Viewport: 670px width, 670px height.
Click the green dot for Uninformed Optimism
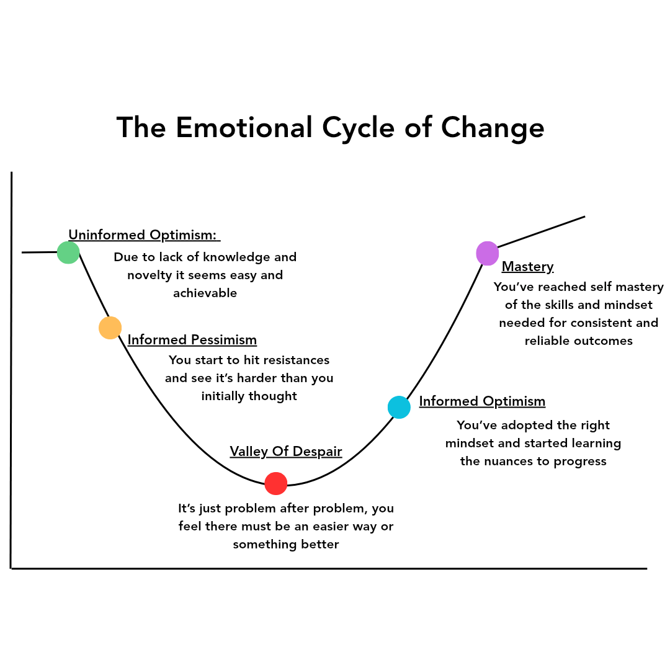pyautogui.click(x=68, y=252)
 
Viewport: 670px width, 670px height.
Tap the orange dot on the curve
pyautogui.click(x=110, y=328)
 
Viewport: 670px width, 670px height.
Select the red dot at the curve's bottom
pyautogui.click(x=275, y=483)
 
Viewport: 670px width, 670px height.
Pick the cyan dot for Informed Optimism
pyautogui.click(x=399, y=407)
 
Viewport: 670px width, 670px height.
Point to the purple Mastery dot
pyautogui.click(x=488, y=253)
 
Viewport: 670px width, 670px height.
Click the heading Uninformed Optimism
pyautogui.click(x=143, y=235)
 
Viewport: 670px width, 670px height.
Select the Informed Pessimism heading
pyautogui.click(x=192, y=340)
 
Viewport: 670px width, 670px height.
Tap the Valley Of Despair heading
pyautogui.click(x=286, y=451)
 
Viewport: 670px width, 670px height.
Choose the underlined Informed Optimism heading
pyautogui.click(x=482, y=401)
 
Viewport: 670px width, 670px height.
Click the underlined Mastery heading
pyautogui.click(x=527, y=267)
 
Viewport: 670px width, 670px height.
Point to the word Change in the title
pyautogui.click(x=493, y=128)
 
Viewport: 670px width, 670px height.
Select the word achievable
pyautogui.click(x=205, y=293)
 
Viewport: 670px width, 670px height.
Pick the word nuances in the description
pyautogui.click(x=508, y=462)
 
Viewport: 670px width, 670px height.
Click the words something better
pyautogui.click(x=286, y=545)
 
